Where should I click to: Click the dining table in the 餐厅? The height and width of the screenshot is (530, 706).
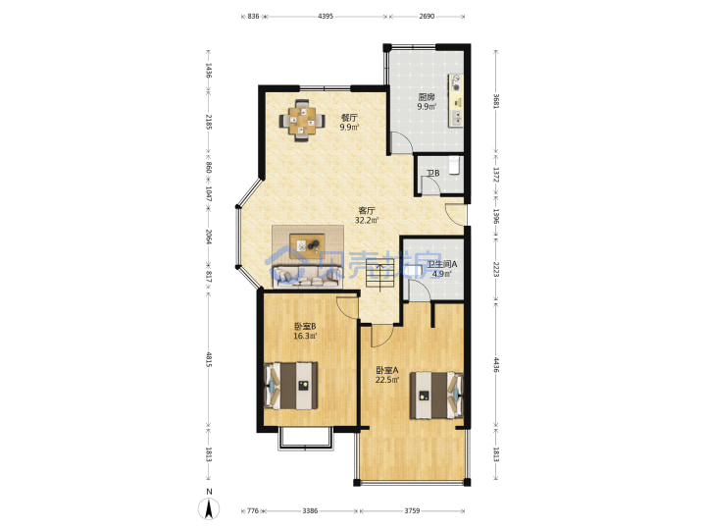point(302,121)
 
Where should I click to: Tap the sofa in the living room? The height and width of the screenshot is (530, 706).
point(306,276)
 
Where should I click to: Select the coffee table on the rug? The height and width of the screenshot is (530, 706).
point(308,245)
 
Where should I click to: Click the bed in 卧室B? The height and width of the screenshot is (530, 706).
point(291,386)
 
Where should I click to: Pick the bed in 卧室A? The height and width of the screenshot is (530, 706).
point(436,396)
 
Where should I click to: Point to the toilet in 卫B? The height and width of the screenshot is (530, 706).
point(455,165)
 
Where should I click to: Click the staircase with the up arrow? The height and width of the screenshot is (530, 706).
point(380,276)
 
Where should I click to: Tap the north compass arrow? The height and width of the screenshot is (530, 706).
point(210,509)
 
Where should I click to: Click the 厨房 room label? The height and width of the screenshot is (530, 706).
point(426,97)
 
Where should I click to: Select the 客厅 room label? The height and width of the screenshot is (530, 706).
point(367,210)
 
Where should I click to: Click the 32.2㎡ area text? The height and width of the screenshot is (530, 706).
point(367,221)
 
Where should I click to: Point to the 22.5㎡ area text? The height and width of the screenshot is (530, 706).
point(387,380)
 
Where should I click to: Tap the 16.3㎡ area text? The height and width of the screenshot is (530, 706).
point(305,336)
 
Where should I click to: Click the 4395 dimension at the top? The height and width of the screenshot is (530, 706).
point(326,17)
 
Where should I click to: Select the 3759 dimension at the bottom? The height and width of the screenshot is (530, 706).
point(412,510)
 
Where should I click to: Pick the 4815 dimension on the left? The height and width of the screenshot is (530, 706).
point(209,359)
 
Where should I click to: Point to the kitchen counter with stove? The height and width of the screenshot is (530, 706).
point(455,101)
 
